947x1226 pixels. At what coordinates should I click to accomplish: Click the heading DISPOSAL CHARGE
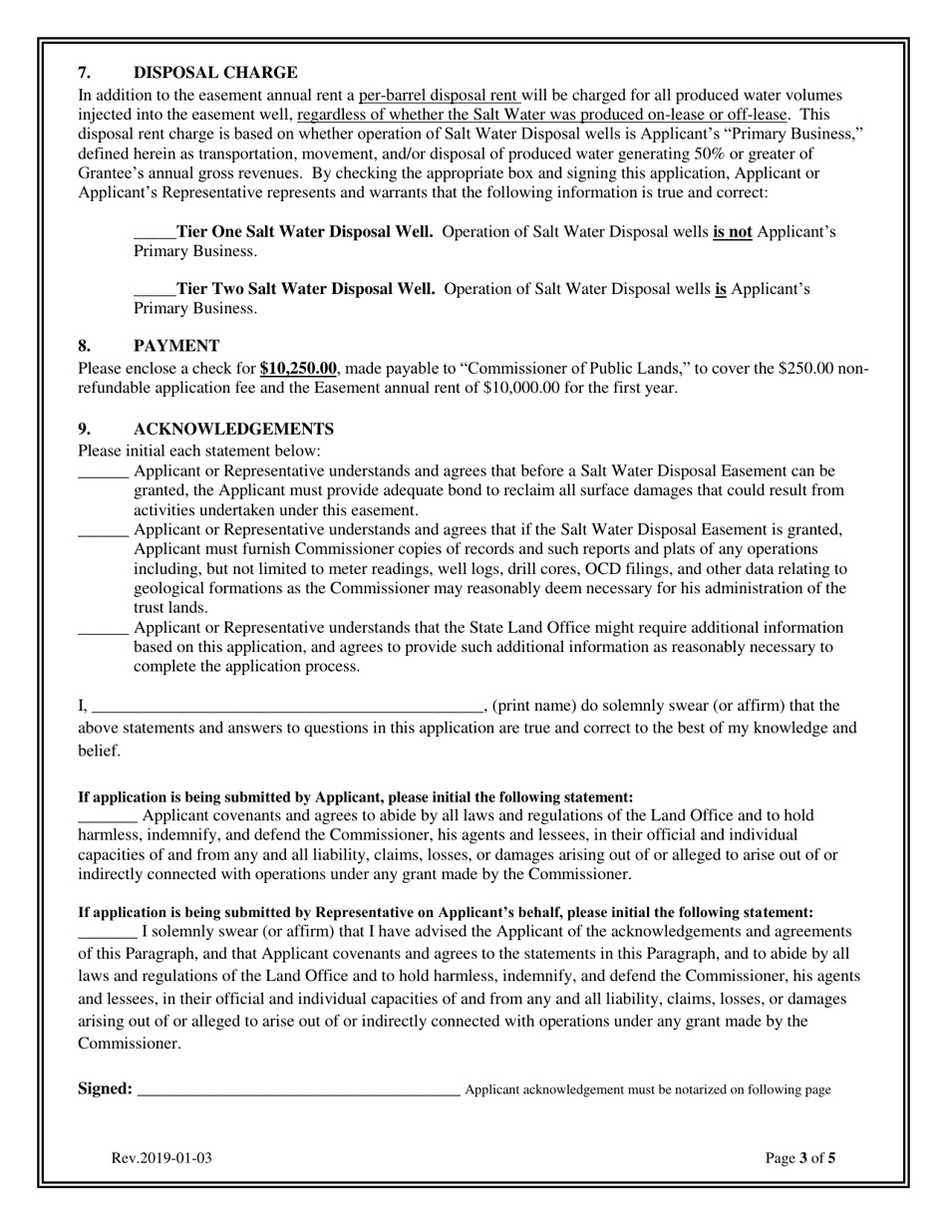tap(215, 73)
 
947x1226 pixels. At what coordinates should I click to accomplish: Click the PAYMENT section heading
tap(176, 346)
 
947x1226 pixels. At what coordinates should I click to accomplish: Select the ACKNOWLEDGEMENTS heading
tap(233, 430)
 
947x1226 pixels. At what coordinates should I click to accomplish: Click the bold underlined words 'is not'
tap(733, 233)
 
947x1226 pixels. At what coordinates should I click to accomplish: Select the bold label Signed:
tap(105, 1089)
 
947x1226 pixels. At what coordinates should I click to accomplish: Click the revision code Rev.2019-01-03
tap(161, 1159)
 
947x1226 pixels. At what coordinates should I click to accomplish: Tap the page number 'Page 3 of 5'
tap(800, 1159)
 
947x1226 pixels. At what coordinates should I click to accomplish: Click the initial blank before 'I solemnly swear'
tap(107, 934)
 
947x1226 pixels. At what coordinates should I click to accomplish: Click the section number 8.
tap(85, 346)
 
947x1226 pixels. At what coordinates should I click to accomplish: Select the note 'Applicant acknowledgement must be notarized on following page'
tap(648, 1090)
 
